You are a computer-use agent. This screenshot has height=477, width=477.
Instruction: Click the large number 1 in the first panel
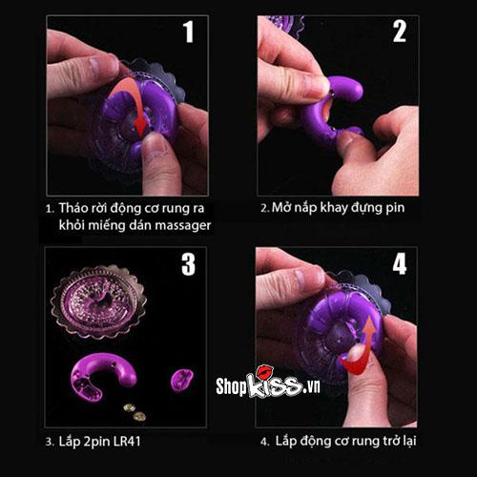pyautogui.click(x=188, y=32)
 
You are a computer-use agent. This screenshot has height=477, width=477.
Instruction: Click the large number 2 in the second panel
pyautogui.click(x=400, y=32)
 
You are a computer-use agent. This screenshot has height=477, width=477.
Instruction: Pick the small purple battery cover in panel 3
pyautogui.click(x=181, y=381)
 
